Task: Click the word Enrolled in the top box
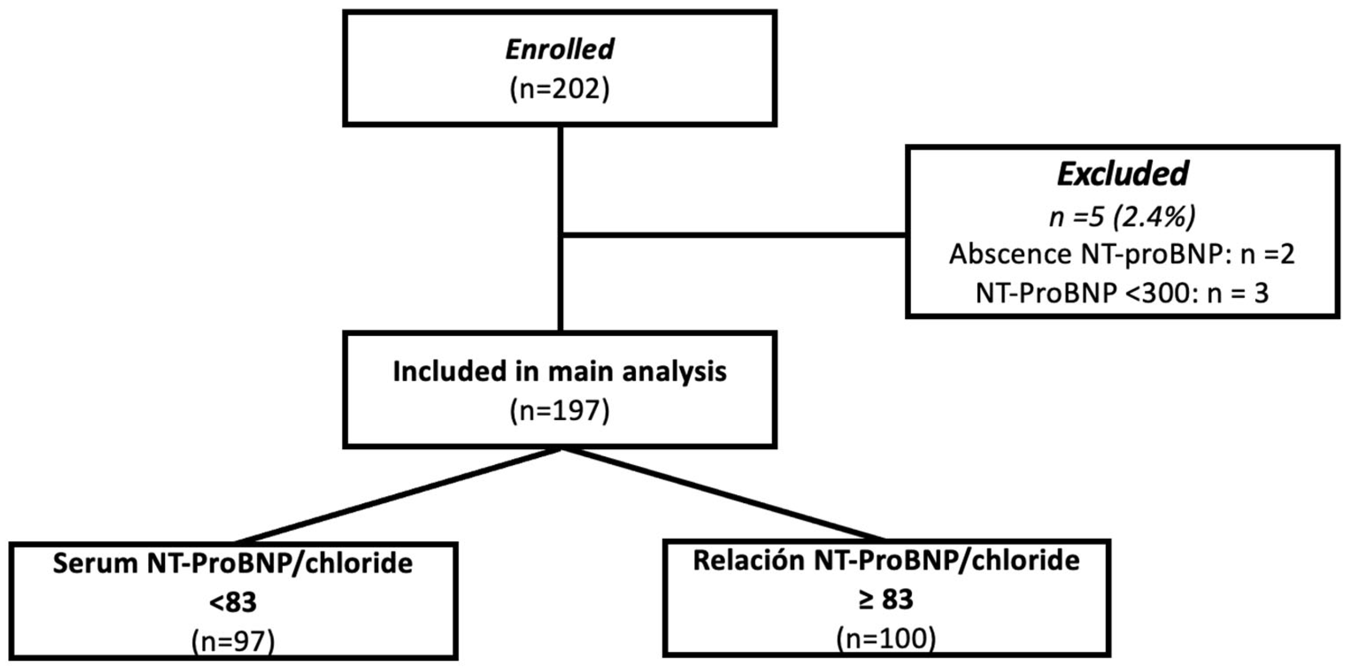559,50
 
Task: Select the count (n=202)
559,90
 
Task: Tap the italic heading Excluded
1122,174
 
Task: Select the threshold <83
233,603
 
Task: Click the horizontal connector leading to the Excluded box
731,235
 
